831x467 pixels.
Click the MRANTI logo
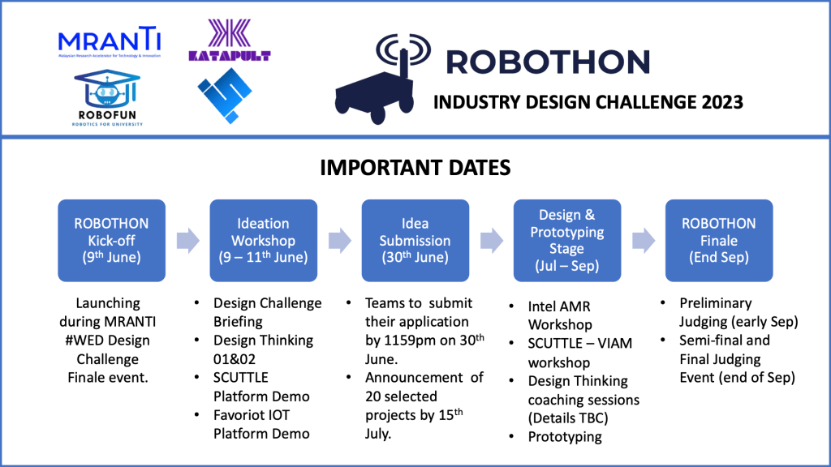pos(109,43)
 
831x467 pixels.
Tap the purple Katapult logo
pos(229,41)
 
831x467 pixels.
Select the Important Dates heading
pos(415,168)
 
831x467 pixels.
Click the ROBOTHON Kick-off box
pos(111,240)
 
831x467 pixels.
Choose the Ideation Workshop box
pos(263,240)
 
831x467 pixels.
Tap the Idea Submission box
pos(415,240)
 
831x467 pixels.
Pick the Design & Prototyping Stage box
pos(566,240)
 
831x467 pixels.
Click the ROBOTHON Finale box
pos(718,240)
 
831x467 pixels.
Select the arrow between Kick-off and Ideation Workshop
pos(187,240)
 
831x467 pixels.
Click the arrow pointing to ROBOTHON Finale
pos(643,240)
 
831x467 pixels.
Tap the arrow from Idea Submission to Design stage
pos(491,240)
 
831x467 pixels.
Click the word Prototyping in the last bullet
pos(565,436)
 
